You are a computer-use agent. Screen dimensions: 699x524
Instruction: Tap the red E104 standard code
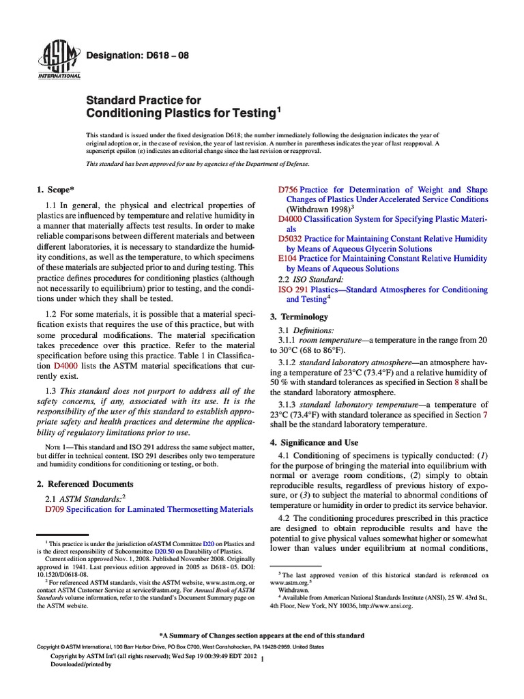tap(287, 259)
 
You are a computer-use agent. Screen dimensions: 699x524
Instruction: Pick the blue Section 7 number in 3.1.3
tap(485, 414)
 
